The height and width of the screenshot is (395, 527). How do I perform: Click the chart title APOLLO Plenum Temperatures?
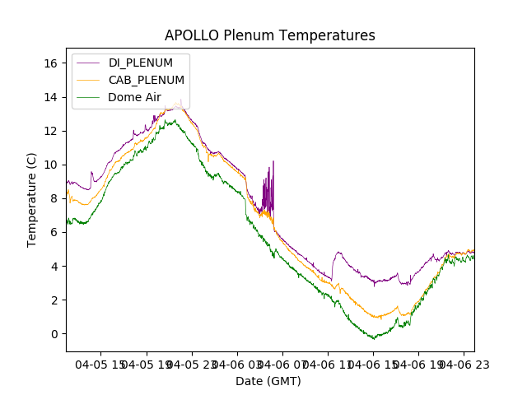point(269,35)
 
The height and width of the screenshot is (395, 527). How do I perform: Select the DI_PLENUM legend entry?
point(140,63)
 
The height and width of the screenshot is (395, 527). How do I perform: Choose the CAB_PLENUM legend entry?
point(146,80)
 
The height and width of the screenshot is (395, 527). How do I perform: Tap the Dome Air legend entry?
point(134,97)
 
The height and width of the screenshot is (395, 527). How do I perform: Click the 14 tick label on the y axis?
point(50,97)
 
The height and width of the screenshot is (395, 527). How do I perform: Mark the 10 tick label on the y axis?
point(50,165)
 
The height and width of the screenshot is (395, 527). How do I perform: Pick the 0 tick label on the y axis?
point(54,334)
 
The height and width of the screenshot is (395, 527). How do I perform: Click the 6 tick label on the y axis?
point(54,233)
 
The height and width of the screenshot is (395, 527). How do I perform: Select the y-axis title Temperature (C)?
point(32,199)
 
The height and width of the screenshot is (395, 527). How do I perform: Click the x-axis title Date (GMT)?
point(268,381)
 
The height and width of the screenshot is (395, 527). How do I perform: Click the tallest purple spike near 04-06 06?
point(273,162)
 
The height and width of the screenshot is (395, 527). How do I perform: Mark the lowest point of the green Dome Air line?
point(373,338)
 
